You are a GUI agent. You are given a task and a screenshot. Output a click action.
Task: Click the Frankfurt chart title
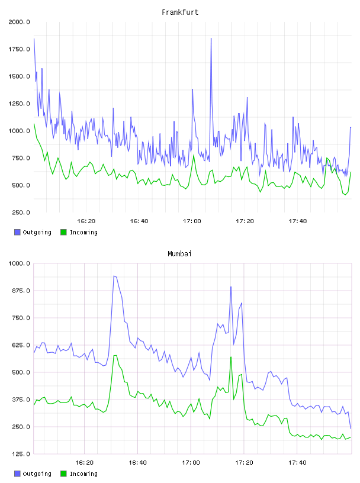(x=180, y=12)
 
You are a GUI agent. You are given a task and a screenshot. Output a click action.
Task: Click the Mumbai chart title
(x=179, y=254)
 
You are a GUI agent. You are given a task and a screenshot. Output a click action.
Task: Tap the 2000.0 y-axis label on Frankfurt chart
(x=19, y=22)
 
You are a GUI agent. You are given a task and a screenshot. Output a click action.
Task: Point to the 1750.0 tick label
(x=19, y=49)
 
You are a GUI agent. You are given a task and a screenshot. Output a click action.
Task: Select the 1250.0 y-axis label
(x=19, y=104)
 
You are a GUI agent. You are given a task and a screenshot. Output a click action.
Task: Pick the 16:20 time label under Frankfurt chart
(x=86, y=221)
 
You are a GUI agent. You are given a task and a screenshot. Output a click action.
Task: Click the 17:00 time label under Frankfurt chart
(x=192, y=221)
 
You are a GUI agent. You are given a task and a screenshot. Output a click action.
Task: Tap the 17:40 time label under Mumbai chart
(x=297, y=463)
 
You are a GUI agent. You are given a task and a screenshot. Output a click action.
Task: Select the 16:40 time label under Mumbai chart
(x=137, y=463)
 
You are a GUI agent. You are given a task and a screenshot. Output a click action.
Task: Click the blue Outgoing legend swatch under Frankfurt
(x=17, y=232)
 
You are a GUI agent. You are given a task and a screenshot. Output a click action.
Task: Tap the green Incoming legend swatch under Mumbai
(x=63, y=474)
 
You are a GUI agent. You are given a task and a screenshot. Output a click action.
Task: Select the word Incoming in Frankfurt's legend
(x=83, y=233)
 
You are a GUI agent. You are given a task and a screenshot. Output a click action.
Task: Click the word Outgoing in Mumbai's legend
(x=37, y=474)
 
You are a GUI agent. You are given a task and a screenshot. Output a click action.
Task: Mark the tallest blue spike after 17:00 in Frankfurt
(x=211, y=38)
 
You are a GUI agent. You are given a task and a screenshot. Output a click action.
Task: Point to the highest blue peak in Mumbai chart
(x=114, y=276)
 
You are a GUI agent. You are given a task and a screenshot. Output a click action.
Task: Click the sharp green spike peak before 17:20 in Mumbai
(x=231, y=357)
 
